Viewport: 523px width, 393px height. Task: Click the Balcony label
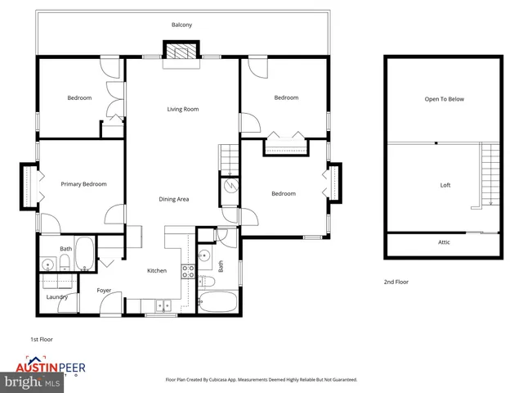[x=181, y=25]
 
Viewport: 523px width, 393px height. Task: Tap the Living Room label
[x=183, y=109]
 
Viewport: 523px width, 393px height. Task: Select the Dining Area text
[x=174, y=199]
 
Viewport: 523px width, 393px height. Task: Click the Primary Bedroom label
[x=84, y=184]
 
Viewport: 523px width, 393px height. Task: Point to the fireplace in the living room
[x=181, y=52]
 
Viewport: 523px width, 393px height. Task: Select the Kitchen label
[x=157, y=271]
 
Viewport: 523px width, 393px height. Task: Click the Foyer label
[x=104, y=291]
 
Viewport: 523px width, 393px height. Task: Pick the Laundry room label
[x=56, y=297]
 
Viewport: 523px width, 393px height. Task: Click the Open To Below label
[x=444, y=99]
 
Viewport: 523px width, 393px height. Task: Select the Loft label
[x=445, y=185]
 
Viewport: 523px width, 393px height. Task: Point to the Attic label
[x=444, y=242]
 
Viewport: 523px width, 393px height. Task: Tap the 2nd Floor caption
[x=396, y=282]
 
